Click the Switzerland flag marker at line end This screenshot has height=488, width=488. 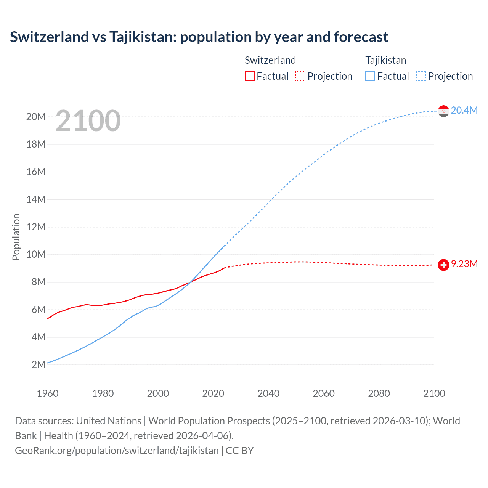[x=443, y=265]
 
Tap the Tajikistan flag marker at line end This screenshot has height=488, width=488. [x=443, y=111]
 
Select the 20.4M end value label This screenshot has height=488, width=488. [x=464, y=111]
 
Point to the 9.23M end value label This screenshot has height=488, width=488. [x=464, y=264]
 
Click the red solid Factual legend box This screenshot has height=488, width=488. [x=249, y=76]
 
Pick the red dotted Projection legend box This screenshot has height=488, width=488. [x=300, y=76]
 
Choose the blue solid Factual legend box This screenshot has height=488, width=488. [x=370, y=76]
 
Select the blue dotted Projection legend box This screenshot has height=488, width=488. [x=421, y=76]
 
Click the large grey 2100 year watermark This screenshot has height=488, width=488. [x=88, y=121]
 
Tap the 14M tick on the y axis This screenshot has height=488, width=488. [x=36, y=199]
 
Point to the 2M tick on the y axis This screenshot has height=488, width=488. [x=39, y=364]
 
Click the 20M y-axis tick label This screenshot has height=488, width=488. [x=36, y=117]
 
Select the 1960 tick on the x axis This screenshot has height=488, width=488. [x=48, y=393]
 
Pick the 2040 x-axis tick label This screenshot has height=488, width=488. [x=268, y=393]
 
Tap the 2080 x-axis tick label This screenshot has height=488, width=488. [x=379, y=393]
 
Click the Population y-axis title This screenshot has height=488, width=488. [x=16, y=237]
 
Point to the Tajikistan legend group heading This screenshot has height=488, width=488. [x=386, y=60]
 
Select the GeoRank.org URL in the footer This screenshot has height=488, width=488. [x=117, y=451]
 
